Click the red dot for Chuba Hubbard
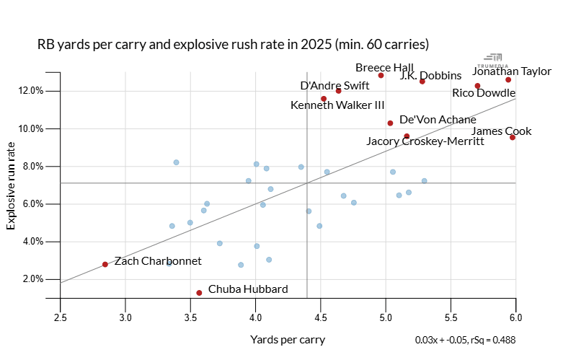[x=199, y=292]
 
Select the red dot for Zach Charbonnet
[x=105, y=264]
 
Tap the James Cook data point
[x=512, y=137]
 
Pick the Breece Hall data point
[x=381, y=75]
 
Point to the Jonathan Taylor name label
[x=512, y=71]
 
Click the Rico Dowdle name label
[x=483, y=93]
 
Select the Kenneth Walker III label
[x=337, y=105]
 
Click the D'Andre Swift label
[x=334, y=85]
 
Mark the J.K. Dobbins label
[x=430, y=76]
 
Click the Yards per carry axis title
[x=287, y=339]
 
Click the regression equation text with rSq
[x=465, y=339]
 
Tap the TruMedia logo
[x=495, y=58]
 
